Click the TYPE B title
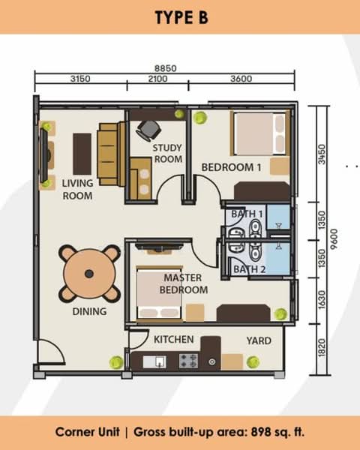[181, 17]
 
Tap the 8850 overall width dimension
[165, 68]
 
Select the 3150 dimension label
[80, 79]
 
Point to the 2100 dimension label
[157, 79]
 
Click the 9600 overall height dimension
[334, 239]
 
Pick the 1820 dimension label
[322, 348]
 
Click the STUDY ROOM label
[168, 153]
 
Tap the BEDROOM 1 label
[232, 167]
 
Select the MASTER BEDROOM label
[184, 283]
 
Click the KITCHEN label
[174, 340]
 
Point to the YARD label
[259, 340]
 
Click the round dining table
[89, 274]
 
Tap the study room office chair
[148, 130]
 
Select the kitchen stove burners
[188, 361]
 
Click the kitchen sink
[154, 361]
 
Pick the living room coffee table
[82, 154]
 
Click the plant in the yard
[253, 362]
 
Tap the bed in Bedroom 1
[260, 133]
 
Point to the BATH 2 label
[250, 269]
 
